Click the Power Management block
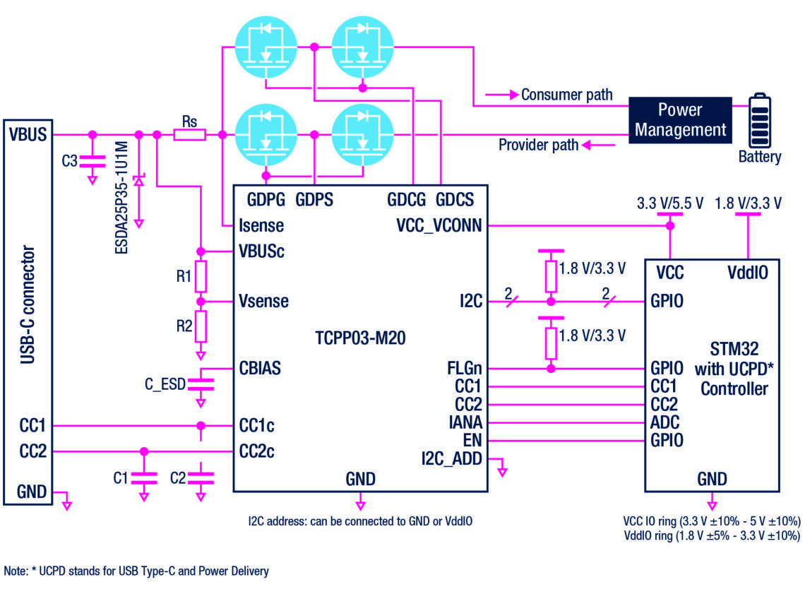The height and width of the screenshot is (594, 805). pyautogui.click(x=680, y=119)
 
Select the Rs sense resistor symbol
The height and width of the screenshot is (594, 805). pyautogui.click(x=189, y=134)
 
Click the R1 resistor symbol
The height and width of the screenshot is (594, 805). pyautogui.click(x=201, y=277)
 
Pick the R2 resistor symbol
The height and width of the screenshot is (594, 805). pyautogui.click(x=201, y=326)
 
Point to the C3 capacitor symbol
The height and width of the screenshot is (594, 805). pyautogui.click(x=91, y=161)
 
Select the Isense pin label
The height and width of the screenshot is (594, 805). pyautogui.click(x=261, y=226)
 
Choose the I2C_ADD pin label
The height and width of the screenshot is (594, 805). pyautogui.click(x=452, y=459)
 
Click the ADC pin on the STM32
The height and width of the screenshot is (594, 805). pyautogui.click(x=666, y=423)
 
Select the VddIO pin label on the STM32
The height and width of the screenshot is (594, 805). pyautogui.click(x=747, y=273)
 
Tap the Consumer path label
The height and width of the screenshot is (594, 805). pyautogui.click(x=566, y=94)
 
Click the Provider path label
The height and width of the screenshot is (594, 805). pyautogui.click(x=538, y=145)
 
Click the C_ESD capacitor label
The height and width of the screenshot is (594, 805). pyautogui.click(x=165, y=384)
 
